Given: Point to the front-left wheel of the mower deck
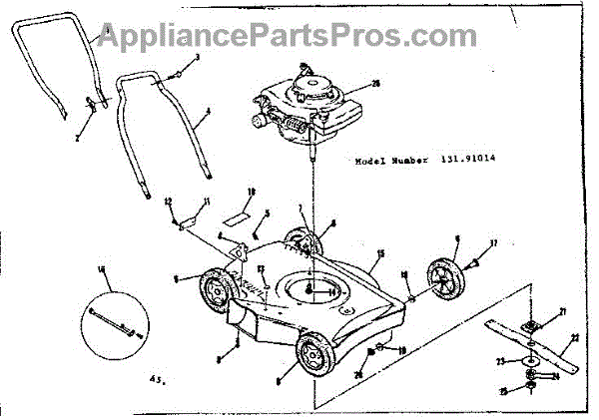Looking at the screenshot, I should pos(213,292).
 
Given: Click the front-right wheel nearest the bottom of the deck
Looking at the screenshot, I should pos(314,355).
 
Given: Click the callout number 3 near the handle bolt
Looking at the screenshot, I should pos(198,59).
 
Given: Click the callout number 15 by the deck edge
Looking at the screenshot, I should pos(380,255).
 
